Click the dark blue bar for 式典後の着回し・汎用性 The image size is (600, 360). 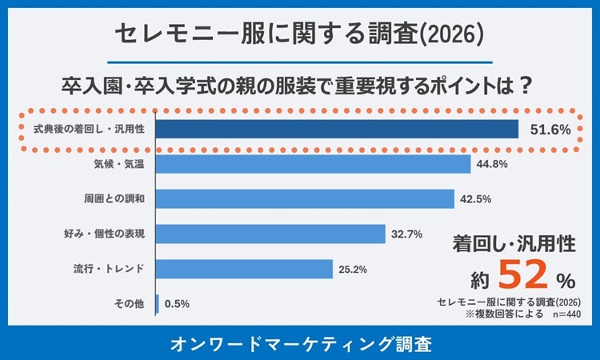(336, 129)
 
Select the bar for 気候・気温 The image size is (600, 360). (312, 163)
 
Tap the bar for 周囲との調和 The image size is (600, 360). (304, 198)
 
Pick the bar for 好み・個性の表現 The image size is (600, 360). (270, 233)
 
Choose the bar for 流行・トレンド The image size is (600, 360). (243, 268)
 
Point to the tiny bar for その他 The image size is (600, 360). (157, 303)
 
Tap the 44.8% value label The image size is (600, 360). (491, 164)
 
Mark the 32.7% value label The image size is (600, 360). (406, 234)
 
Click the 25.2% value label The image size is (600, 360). (353, 269)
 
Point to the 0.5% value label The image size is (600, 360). (178, 304)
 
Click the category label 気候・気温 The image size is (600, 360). (118, 164)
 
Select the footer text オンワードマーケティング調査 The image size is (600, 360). (301, 344)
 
